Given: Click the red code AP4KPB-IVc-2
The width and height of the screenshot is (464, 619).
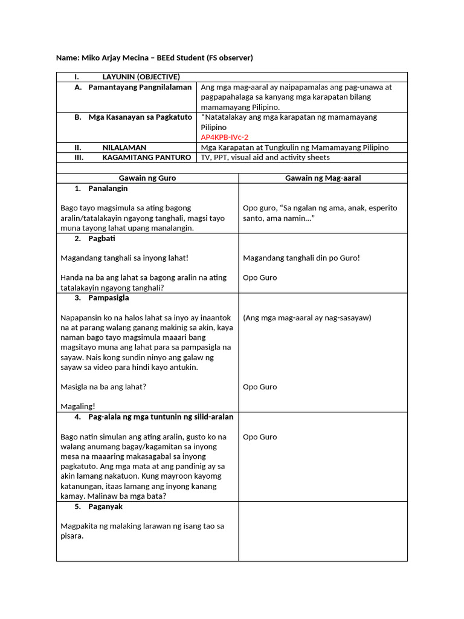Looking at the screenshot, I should (x=224, y=137).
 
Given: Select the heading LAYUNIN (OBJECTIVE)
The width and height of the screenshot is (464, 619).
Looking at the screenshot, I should (x=141, y=77).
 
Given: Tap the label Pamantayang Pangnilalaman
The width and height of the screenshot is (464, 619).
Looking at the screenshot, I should (x=140, y=87).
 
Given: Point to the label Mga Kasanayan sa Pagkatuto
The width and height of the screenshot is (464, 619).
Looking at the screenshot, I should (x=140, y=117).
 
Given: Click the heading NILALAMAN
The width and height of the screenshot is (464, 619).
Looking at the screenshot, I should (x=124, y=147).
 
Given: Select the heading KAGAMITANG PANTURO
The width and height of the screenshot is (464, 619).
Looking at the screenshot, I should (x=147, y=157).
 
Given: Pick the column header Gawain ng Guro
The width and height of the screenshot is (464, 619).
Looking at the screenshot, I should (x=147, y=178).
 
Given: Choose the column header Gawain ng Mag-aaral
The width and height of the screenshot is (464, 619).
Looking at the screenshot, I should (x=323, y=178).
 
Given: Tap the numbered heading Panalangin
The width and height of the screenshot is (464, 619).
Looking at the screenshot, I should (x=108, y=189).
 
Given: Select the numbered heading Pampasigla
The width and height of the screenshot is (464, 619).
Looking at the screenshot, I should (x=108, y=298).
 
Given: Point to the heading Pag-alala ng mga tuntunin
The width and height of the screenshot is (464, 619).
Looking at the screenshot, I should (x=160, y=417).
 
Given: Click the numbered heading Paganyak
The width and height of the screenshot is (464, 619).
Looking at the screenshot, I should (x=105, y=507).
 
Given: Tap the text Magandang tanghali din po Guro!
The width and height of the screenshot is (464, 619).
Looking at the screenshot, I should (x=301, y=258).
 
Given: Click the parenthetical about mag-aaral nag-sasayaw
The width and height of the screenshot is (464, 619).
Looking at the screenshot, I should (x=307, y=317).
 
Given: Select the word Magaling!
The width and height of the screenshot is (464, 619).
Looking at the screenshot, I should (x=78, y=407).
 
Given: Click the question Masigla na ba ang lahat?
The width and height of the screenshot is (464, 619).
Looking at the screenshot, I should (x=103, y=387).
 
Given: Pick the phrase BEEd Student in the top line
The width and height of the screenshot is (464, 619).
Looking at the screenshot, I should (x=181, y=58).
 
